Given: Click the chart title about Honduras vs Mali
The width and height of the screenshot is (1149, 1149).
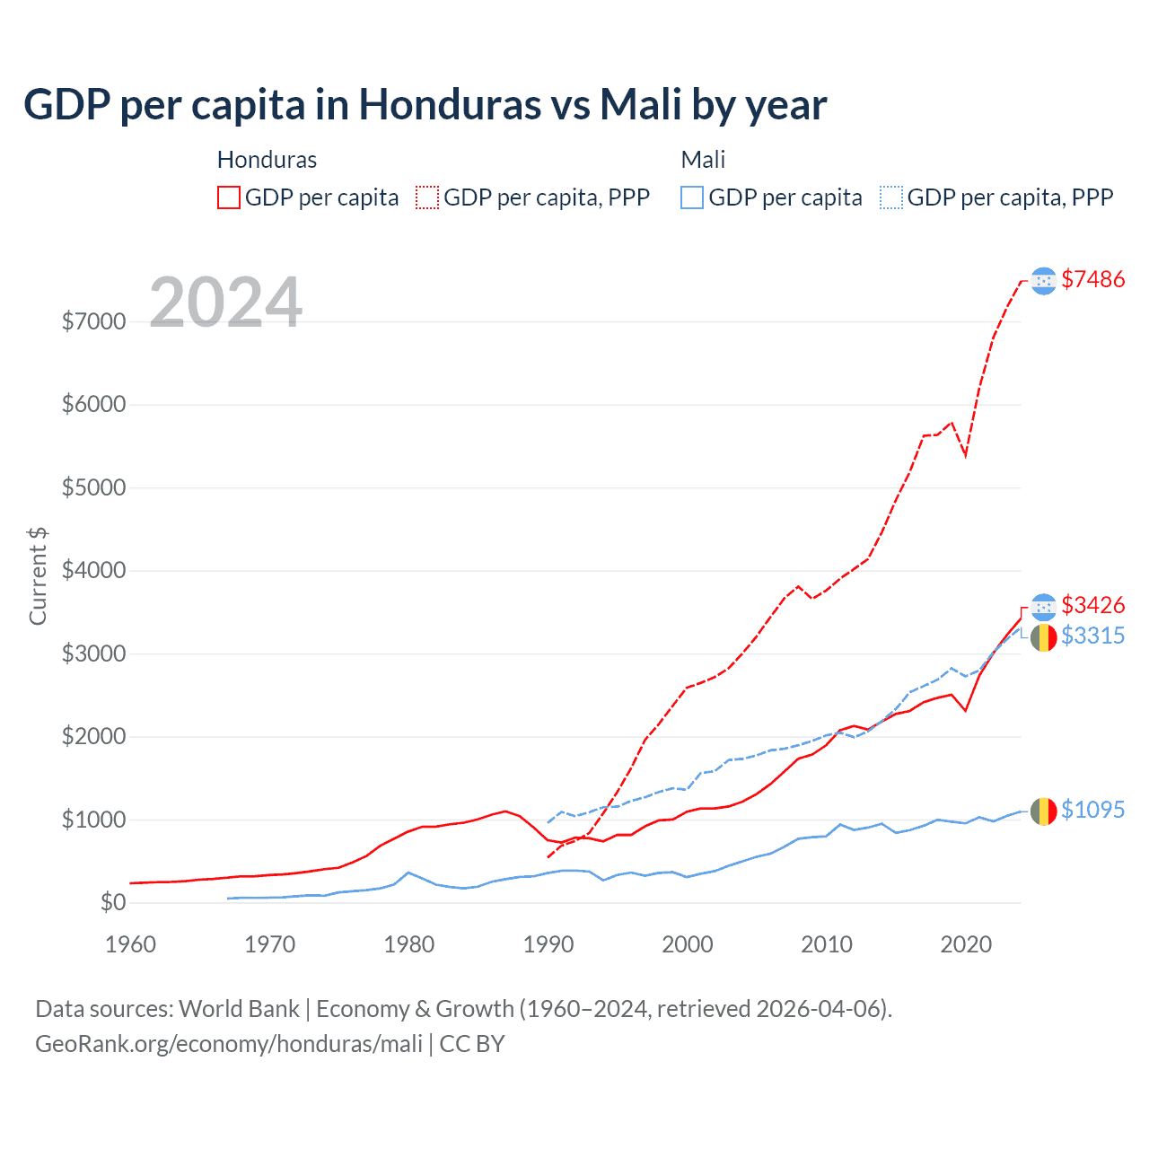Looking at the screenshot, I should [425, 105].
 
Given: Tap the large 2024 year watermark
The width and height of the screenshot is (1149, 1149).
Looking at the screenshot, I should [225, 302].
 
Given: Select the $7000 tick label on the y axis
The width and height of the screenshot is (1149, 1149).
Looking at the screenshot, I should [93, 321].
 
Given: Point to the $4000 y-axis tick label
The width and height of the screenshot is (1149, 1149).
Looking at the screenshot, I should [93, 571].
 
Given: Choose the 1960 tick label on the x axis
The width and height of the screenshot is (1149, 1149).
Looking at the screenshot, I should [130, 944].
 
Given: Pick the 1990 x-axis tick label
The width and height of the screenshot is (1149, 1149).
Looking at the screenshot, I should [548, 944].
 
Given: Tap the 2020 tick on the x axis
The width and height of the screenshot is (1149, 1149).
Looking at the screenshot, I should [965, 944].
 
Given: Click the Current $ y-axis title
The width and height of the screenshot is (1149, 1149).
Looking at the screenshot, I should [38, 576].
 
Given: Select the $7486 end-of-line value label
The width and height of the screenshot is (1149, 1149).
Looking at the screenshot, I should [1092, 279].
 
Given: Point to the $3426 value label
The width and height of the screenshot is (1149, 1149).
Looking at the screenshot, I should [1092, 605].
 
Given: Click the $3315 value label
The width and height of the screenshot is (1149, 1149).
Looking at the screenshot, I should [1092, 636].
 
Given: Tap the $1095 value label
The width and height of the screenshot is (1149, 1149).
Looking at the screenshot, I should [1092, 810].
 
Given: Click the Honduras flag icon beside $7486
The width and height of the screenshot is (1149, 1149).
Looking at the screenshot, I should [1043, 281].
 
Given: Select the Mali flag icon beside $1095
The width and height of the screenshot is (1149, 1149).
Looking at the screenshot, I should [1043, 811].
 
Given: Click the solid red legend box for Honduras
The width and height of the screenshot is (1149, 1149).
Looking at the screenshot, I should [229, 197].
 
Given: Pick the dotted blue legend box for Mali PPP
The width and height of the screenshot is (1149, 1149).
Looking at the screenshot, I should [891, 197].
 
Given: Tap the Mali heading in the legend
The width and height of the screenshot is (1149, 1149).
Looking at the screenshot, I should [703, 160].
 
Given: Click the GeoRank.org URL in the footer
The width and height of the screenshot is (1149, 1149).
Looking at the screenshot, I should [229, 1044].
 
